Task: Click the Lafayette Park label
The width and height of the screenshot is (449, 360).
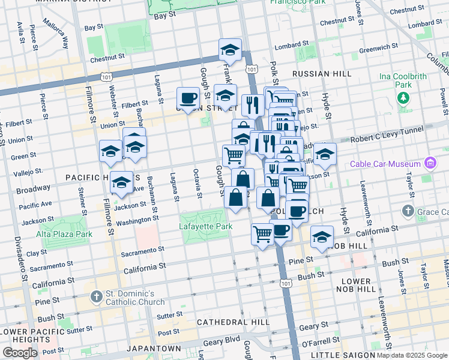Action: click(205, 227)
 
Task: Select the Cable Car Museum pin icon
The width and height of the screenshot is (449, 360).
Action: click(430, 163)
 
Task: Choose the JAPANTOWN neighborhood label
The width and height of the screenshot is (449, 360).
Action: click(154, 349)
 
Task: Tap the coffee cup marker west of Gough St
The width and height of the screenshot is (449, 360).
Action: click(188, 98)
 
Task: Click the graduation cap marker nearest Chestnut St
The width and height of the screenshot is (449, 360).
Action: click(229, 50)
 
